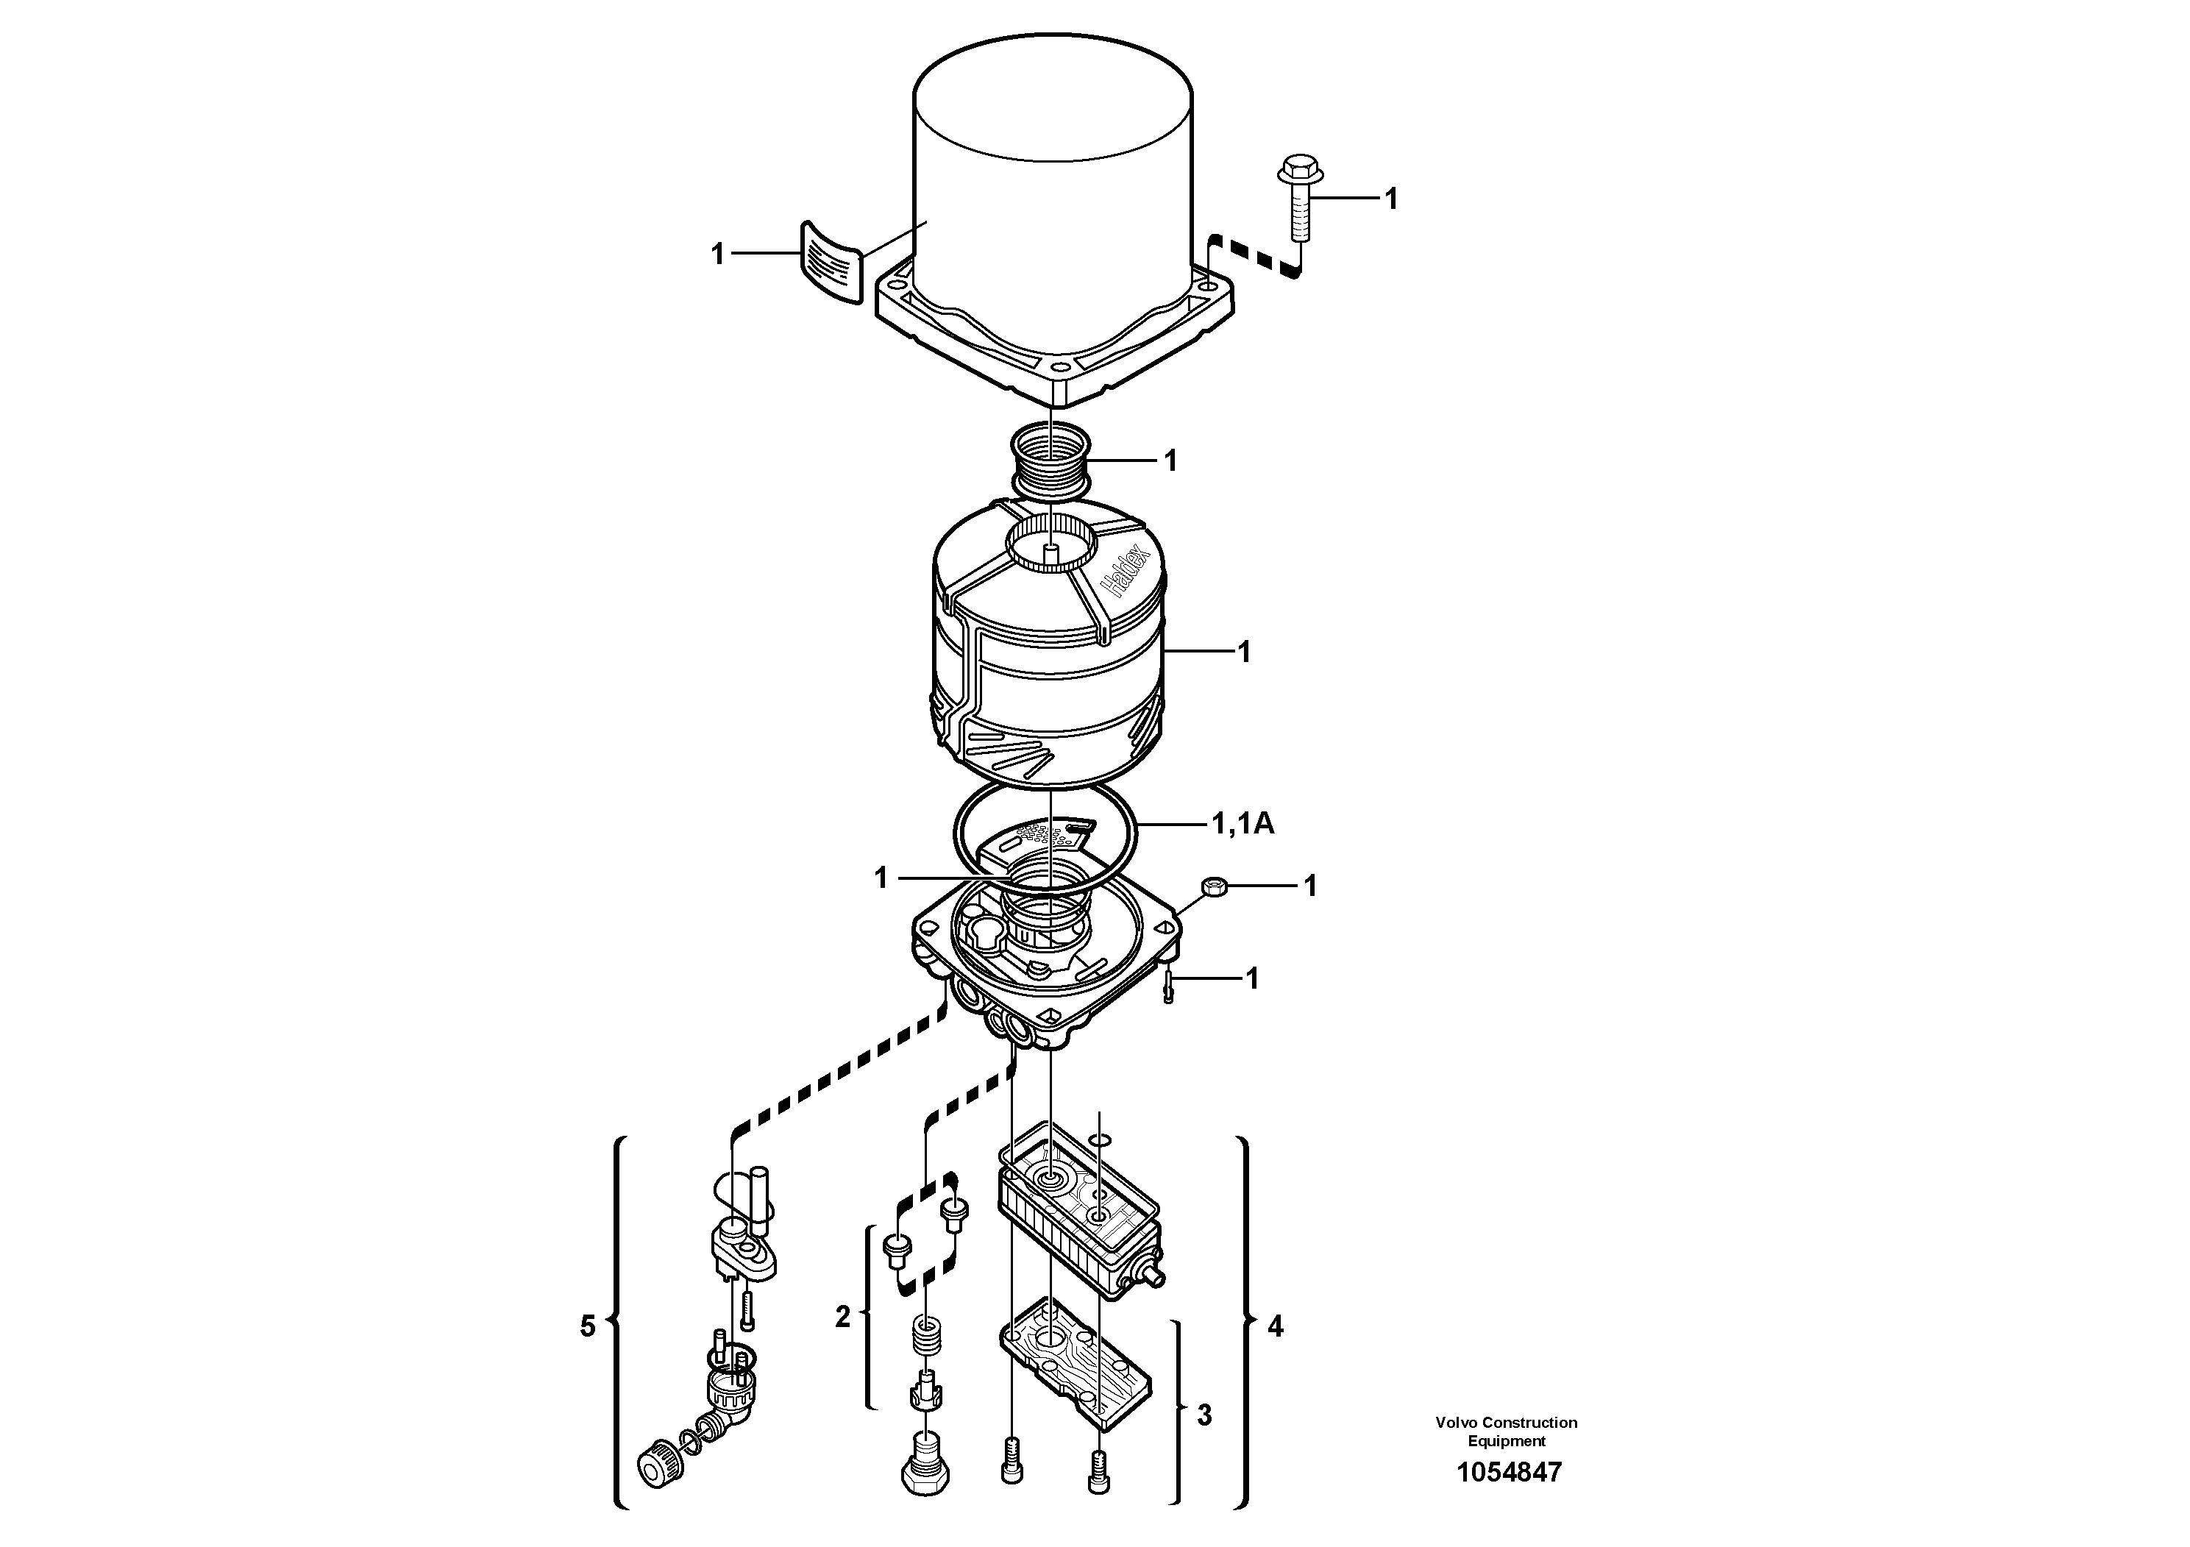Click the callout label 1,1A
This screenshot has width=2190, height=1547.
[x=1242, y=823]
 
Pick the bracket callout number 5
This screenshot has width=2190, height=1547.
[x=588, y=1326]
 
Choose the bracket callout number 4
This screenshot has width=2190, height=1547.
[x=1276, y=1326]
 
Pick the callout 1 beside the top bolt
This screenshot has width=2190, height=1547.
[x=1390, y=199]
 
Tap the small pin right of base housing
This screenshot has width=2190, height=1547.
[x=1167, y=981]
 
